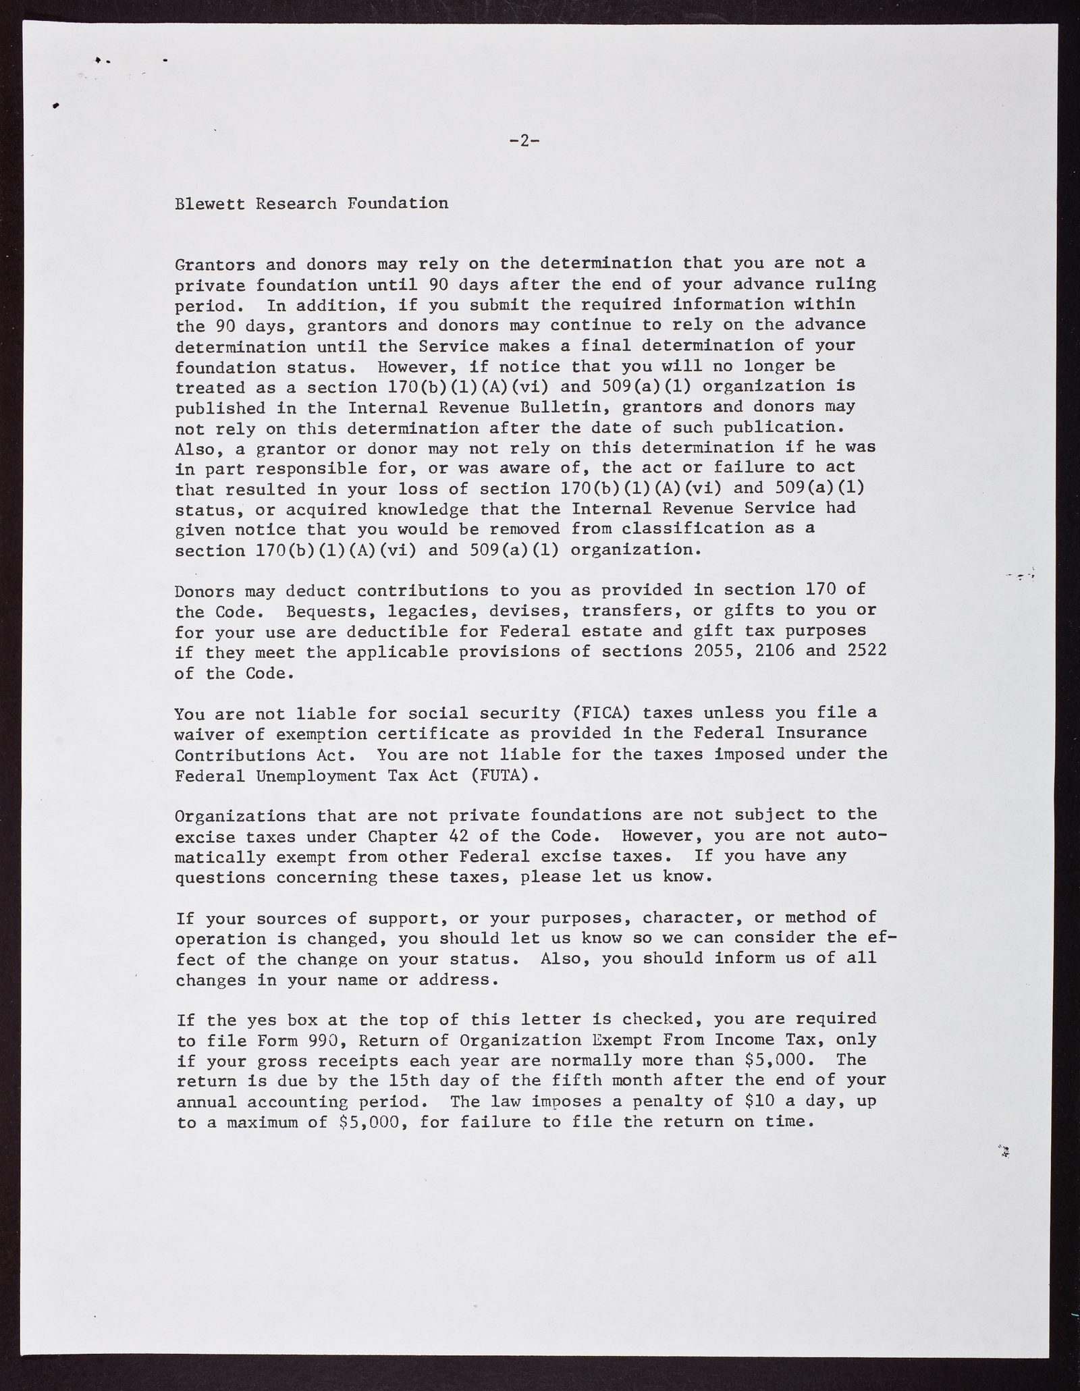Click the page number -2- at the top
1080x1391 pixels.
(x=524, y=141)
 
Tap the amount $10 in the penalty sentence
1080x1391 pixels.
(x=759, y=1101)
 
